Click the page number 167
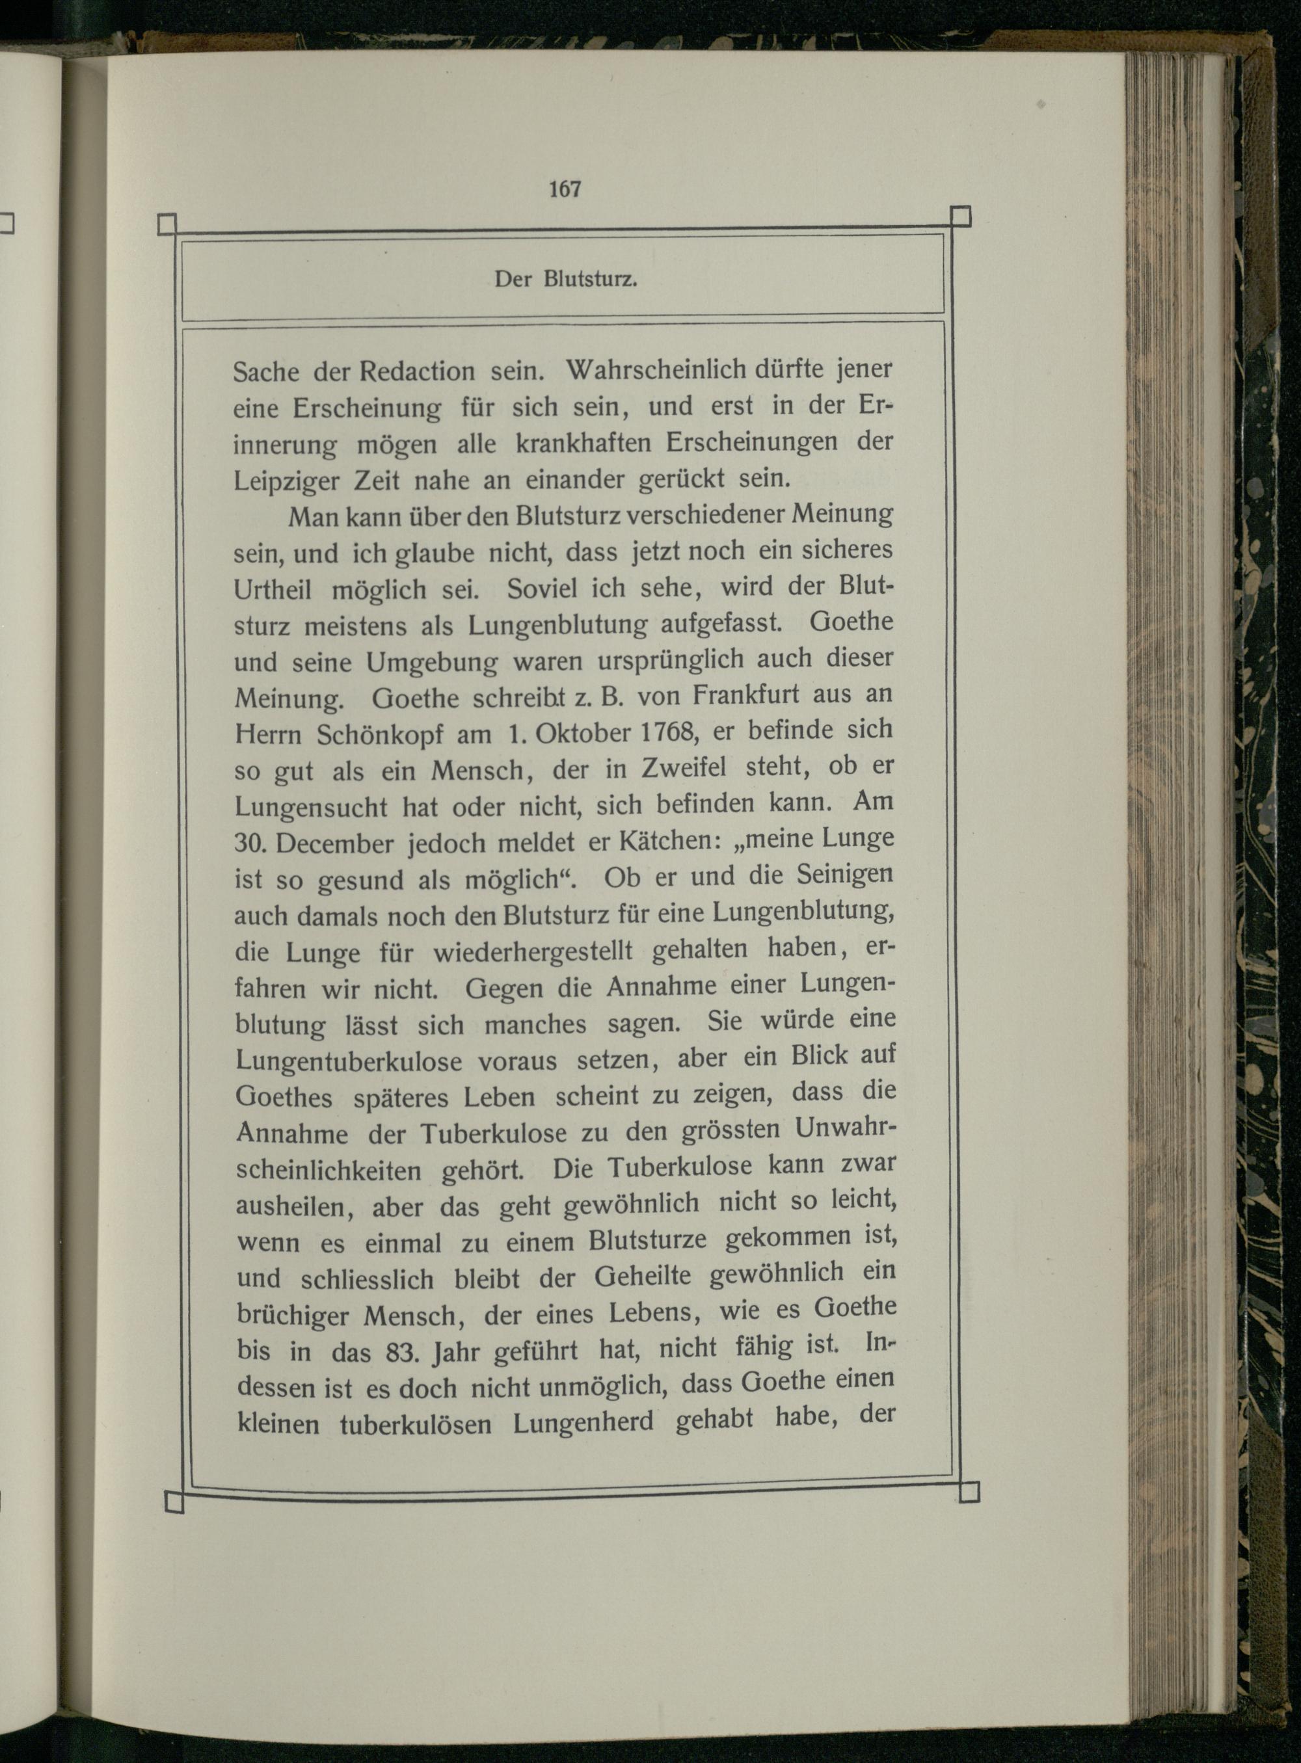coord(565,189)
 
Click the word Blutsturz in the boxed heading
coord(590,280)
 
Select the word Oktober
coord(583,732)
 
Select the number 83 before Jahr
coord(401,1351)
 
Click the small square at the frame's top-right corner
coord(961,216)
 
